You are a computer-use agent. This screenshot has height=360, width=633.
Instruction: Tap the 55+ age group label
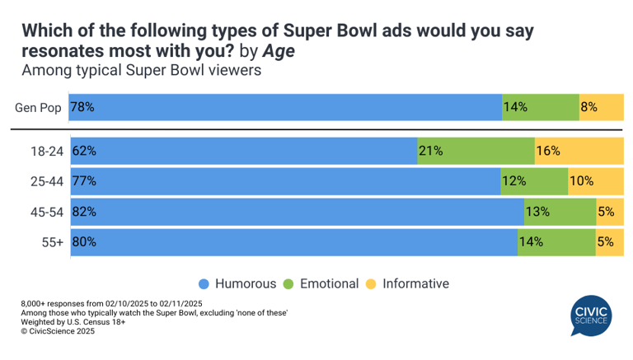(x=54, y=242)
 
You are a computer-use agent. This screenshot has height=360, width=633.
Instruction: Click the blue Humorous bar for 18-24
(x=247, y=151)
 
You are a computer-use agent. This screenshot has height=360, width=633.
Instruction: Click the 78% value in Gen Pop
(x=82, y=107)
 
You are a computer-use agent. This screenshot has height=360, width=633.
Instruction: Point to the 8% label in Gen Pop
(x=589, y=107)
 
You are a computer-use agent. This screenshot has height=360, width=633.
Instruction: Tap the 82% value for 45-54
(x=84, y=212)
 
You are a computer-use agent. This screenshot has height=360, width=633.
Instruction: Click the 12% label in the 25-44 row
(x=513, y=181)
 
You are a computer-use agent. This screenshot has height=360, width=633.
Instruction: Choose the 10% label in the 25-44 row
(x=581, y=181)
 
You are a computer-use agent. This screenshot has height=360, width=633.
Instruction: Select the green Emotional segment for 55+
(x=556, y=242)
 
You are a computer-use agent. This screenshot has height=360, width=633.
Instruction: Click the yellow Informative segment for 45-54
(x=610, y=212)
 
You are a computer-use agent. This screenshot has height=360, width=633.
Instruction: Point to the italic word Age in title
(x=279, y=51)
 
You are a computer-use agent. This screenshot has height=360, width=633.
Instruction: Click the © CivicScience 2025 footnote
(x=58, y=332)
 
